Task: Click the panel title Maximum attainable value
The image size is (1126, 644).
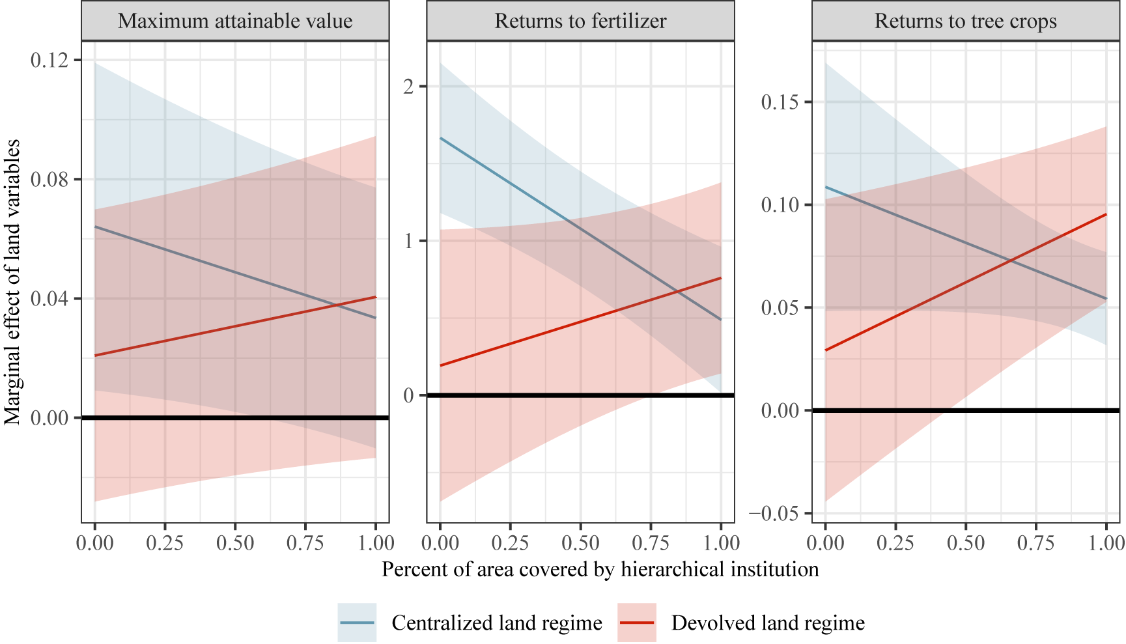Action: click(235, 21)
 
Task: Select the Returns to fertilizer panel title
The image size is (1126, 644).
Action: click(580, 21)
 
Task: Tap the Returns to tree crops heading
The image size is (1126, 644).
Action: click(965, 21)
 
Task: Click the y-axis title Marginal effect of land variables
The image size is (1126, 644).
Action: click(12, 282)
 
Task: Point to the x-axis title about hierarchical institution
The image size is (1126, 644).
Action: click(600, 570)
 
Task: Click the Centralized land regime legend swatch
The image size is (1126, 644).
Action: click(357, 623)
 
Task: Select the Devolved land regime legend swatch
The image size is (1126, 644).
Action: click(636, 623)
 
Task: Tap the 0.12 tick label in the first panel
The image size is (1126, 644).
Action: click(49, 60)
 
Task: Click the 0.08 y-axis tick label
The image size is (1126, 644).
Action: click(49, 180)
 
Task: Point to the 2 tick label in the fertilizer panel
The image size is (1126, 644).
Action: click(408, 87)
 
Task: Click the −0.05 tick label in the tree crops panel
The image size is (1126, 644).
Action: click(774, 514)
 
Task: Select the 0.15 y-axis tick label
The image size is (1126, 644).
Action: click(780, 102)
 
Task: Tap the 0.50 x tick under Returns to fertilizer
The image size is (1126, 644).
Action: click(580, 543)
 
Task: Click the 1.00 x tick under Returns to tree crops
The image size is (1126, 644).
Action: click(1106, 543)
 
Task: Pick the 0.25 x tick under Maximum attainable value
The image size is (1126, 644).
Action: click(165, 543)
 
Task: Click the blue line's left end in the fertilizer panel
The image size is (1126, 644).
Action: click(441, 138)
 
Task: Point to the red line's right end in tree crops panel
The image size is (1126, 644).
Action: click(1106, 214)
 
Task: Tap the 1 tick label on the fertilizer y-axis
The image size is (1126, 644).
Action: click(408, 242)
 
